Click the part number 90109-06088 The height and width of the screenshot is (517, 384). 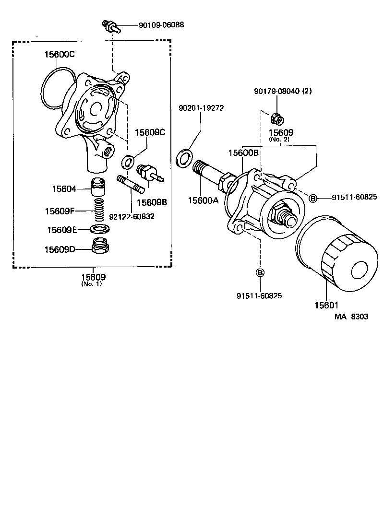coord(161,24)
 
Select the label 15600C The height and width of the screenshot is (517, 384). coord(60,54)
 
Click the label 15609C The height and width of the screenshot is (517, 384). coord(149,132)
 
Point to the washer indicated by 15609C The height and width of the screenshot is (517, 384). coord(128,162)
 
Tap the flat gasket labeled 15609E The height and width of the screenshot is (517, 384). coord(99,229)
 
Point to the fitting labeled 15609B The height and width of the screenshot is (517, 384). coord(148,173)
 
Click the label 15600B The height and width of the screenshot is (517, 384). coord(243,153)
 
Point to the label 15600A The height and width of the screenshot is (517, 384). coord(203,200)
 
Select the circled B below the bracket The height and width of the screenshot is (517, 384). coord(260,273)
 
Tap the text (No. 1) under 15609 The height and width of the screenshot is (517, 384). coord(91,283)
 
